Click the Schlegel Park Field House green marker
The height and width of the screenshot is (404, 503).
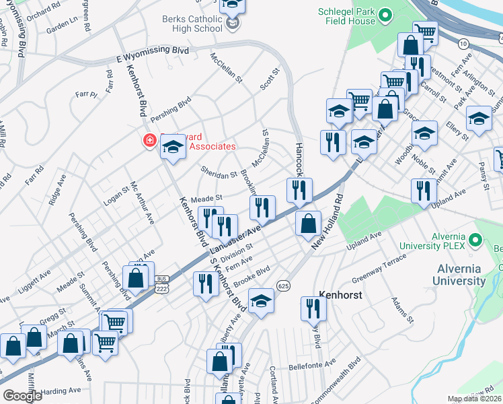385,15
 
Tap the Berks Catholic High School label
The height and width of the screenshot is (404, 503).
183,24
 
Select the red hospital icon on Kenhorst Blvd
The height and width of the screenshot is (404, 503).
148,141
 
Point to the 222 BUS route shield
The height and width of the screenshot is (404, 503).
161,283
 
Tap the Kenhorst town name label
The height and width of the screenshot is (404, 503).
341,295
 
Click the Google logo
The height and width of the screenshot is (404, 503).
22,396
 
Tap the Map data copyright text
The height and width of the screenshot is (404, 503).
474,399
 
